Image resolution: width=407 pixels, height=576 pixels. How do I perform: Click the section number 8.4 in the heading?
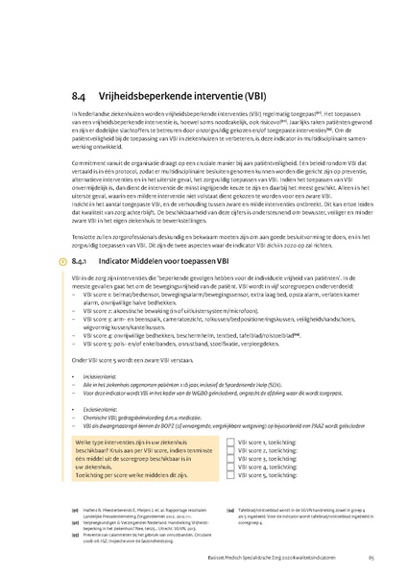pos(80,96)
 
